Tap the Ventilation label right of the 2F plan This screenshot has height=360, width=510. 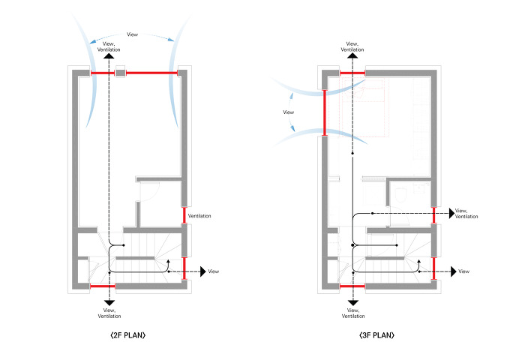tap(199, 216)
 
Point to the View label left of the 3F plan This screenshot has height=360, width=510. tap(288, 112)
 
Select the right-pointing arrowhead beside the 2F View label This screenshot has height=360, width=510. tap(202, 270)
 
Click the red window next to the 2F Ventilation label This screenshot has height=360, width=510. tap(184, 215)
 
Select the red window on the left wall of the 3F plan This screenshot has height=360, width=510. tap(324, 112)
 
